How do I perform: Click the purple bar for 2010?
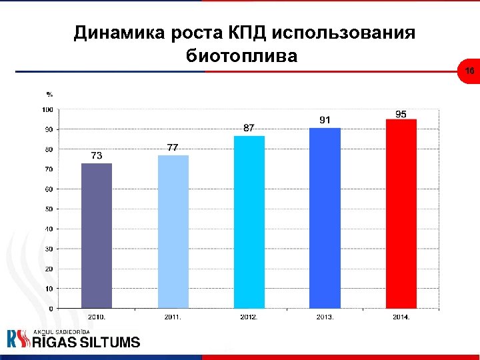pos(97,236)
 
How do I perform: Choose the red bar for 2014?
pos(401,214)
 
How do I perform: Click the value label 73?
pos(97,155)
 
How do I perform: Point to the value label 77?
pos(172,147)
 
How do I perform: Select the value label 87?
pos(248,127)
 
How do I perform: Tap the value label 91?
pos(325,119)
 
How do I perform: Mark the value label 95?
pos(401,114)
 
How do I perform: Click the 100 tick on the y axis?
pos(48,109)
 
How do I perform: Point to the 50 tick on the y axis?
pos(49,209)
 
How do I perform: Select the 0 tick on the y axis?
pos(51,309)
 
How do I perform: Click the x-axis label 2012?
pos(249,317)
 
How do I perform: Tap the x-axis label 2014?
pos(401,317)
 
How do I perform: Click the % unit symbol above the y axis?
pos(49,93)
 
